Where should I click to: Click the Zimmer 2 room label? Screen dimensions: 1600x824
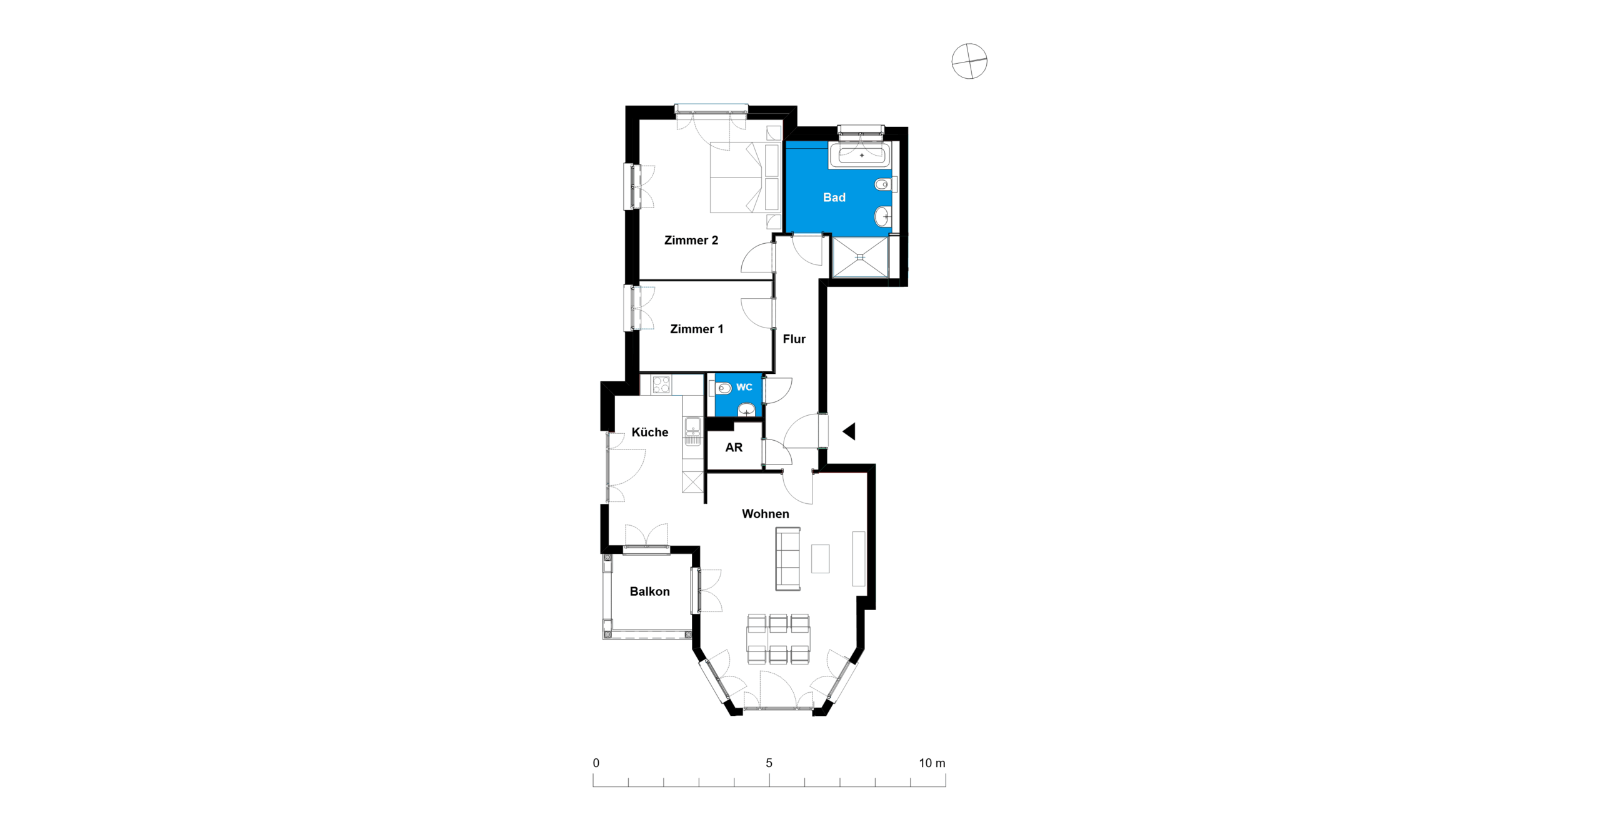click(x=691, y=240)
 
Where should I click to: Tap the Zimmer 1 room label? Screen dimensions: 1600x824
click(x=696, y=329)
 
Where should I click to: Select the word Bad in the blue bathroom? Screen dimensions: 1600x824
click(x=834, y=198)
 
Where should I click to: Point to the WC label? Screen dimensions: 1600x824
click(x=744, y=387)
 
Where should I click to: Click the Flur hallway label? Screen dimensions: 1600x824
click(x=794, y=339)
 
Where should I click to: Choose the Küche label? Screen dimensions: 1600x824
click(x=649, y=432)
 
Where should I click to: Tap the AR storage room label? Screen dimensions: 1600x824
click(x=734, y=447)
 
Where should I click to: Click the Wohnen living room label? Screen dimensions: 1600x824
click(x=765, y=514)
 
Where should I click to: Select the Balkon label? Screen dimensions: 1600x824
click(x=649, y=591)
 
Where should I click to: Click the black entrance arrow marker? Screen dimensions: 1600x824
click(x=849, y=431)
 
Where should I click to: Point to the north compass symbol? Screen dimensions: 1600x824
click(x=969, y=61)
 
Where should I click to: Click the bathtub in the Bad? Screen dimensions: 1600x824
click(x=860, y=155)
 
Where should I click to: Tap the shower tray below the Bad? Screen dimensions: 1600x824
click(x=860, y=256)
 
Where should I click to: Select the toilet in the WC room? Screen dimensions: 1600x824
click(x=722, y=389)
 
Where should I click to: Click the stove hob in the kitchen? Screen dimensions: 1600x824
click(x=661, y=384)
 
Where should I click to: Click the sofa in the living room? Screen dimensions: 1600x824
click(x=787, y=559)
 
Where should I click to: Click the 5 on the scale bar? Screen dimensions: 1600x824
click(x=769, y=763)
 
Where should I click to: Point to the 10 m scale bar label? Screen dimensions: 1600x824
click(x=932, y=763)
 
